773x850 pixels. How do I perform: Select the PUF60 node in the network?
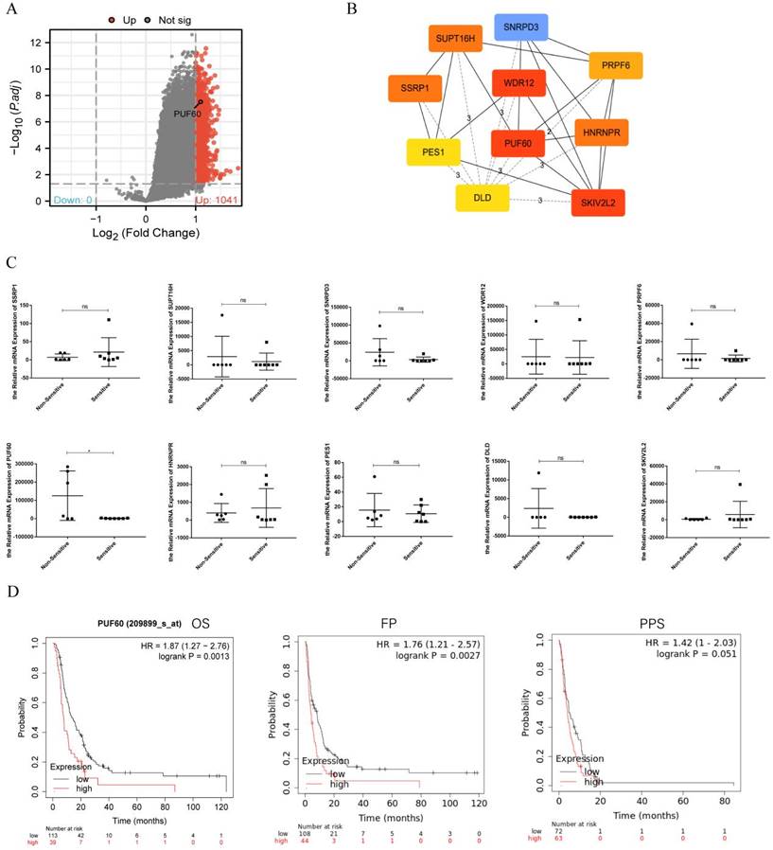point(518,143)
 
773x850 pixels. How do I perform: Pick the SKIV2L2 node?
point(598,203)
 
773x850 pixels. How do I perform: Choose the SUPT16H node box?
point(457,41)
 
